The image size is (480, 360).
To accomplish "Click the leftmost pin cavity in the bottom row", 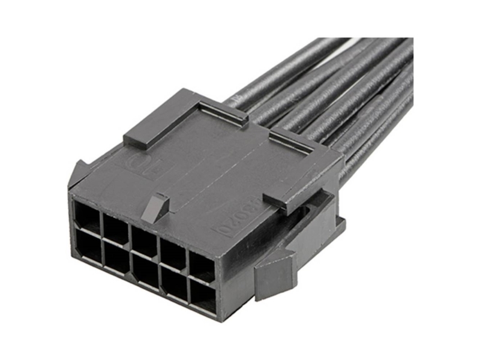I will (87, 246).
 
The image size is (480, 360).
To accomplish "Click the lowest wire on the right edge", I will (384, 156).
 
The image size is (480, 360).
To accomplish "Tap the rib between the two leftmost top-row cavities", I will (101, 216).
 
